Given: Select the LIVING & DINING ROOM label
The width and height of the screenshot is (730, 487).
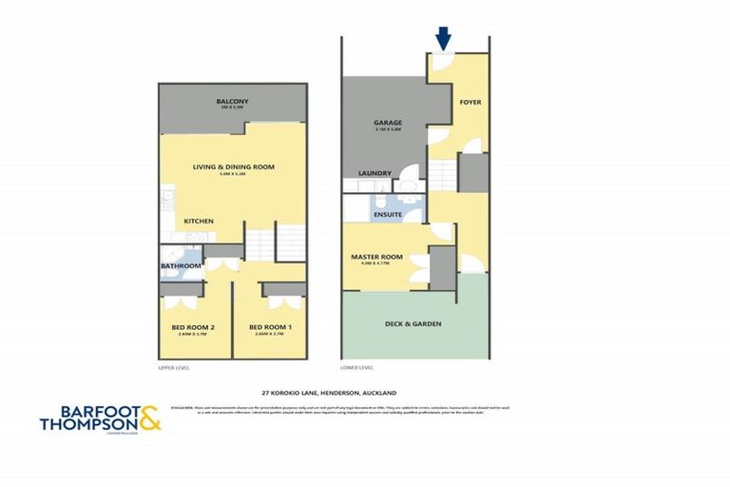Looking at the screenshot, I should pyautogui.click(x=233, y=166).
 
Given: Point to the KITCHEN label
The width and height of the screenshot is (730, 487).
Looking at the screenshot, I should pyautogui.click(x=198, y=222).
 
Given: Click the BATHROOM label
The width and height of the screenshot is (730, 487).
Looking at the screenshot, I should pyautogui.click(x=180, y=266).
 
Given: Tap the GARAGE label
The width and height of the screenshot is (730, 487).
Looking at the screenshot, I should pyautogui.click(x=387, y=123).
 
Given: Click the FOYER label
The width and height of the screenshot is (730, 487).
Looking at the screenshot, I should pyautogui.click(x=470, y=101).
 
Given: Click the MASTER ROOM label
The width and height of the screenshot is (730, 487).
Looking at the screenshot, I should pyautogui.click(x=376, y=257).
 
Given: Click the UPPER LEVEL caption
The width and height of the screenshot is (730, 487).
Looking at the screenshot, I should pyautogui.click(x=175, y=367).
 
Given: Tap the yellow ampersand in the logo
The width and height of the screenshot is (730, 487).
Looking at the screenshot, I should pyautogui.click(x=149, y=419).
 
